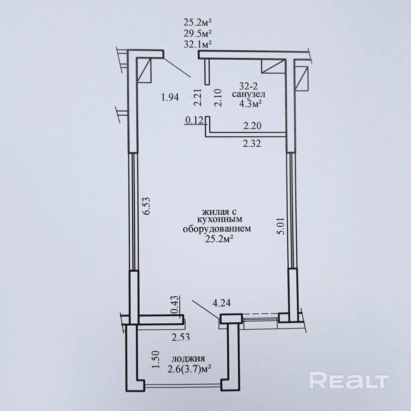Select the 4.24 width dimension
(x=222, y=303)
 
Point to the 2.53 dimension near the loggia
(x=181, y=337)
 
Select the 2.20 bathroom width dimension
(x=252, y=126)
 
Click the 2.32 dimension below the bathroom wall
(x=252, y=144)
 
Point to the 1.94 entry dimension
(x=170, y=97)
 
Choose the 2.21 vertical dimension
(x=198, y=98)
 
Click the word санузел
(x=249, y=95)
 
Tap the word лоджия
(x=189, y=359)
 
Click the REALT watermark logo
(x=349, y=380)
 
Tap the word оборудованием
(x=217, y=229)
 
